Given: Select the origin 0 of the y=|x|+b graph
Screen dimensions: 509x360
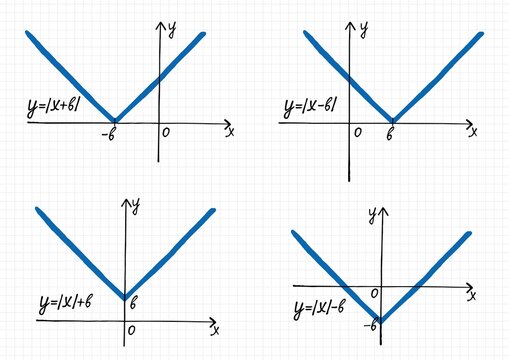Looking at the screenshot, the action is [x=133, y=330].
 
